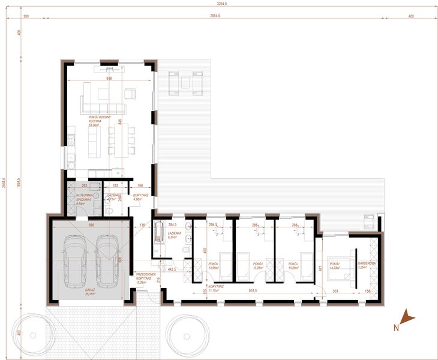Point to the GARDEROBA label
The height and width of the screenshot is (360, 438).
(367, 265)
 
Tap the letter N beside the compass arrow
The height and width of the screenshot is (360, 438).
(396, 328)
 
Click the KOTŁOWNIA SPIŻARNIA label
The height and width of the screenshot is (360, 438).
(82, 199)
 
